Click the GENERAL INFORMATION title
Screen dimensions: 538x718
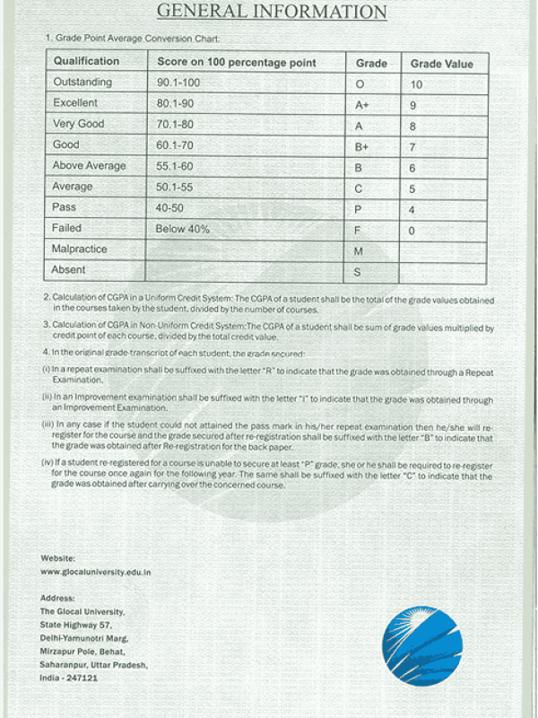point(272,12)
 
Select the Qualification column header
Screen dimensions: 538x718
point(86,61)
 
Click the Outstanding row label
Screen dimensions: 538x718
point(82,83)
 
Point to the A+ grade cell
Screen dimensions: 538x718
point(363,105)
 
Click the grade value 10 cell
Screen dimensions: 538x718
point(416,84)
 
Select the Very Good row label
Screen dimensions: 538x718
point(79,124)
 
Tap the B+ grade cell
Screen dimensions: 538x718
point(362,147)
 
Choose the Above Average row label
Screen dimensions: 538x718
point(89,166)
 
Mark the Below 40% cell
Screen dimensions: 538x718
point(183,229)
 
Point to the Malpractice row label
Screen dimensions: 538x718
point(80,249)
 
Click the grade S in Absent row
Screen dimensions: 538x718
point(358,271)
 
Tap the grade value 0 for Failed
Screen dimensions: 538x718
point(412,231)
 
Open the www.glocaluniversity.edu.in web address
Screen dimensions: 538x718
point(96,571)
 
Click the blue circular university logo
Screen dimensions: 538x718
point(422,644)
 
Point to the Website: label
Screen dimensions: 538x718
point(58,557)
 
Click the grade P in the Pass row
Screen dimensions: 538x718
point(359,210)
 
